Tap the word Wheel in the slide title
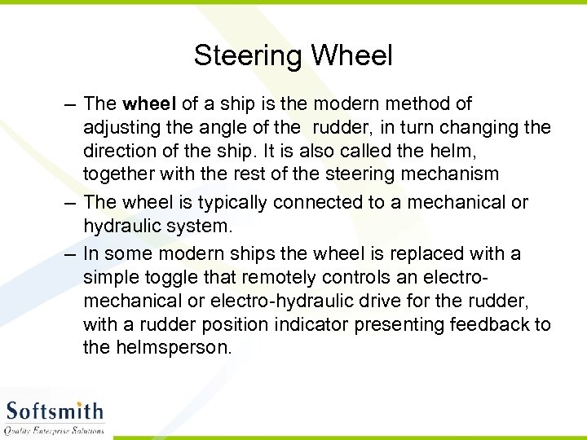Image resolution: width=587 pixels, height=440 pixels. click(x=351, y=55)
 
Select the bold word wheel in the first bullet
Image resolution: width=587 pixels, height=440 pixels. click(x=148, y=103)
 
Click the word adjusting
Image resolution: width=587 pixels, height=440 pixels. click(x=120, y=128)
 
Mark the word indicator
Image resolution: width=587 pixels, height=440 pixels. click(x=302, y=324)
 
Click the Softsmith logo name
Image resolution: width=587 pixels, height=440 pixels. click(x=55, y=411)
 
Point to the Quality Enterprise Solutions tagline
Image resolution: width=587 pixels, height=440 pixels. click(x=55, y=430)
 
